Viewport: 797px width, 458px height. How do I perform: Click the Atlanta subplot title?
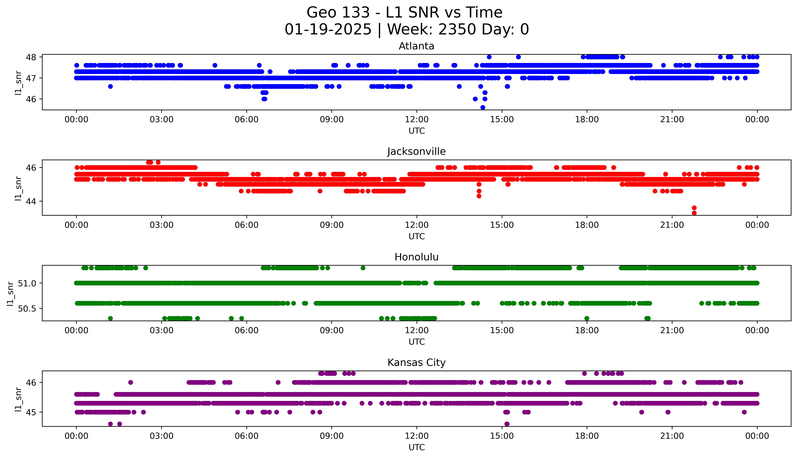[416, 46]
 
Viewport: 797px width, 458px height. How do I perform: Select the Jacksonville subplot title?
[416, 152]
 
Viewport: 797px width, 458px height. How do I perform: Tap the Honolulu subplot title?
[416, 257]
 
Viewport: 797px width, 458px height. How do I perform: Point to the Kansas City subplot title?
[416, 362]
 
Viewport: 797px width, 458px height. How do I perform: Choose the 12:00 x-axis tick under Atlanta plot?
[417, 120]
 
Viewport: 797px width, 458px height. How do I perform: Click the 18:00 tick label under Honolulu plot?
[587, 330]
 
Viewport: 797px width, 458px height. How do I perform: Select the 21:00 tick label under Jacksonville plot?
[672, 225]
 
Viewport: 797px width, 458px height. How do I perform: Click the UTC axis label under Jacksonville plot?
[417, 236]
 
